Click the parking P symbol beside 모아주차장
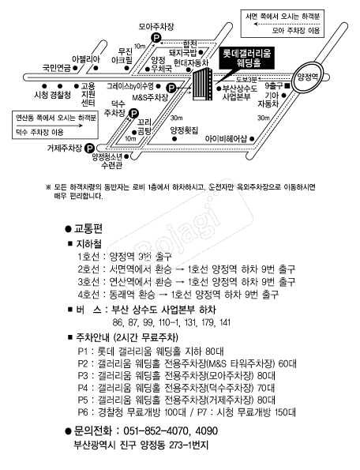[x=156, y=38]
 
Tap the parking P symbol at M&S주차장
[x=171, y=88]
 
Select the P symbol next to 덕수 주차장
[x=133, y=114]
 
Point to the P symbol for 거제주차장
[x=89, y=148]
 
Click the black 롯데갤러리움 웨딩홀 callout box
[x=246, y=58]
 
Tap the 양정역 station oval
[x=307, y=77]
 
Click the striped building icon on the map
[x=202, y=85]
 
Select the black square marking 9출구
[x=287, y=86]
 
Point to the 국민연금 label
[x=57, y=69]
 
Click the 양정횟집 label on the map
[x=184, y=130]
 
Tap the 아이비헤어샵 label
[x=226, y=139]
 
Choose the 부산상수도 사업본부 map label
[x=239, y=92]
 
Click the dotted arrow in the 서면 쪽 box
[x=287, y=24]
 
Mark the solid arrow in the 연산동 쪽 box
[x=49, y=126]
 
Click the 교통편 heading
[x=88, y=228]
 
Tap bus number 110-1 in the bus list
[x=170, y=322]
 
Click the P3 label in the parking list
[x=83, y=375]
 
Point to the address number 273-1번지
[x=189, y=445]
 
